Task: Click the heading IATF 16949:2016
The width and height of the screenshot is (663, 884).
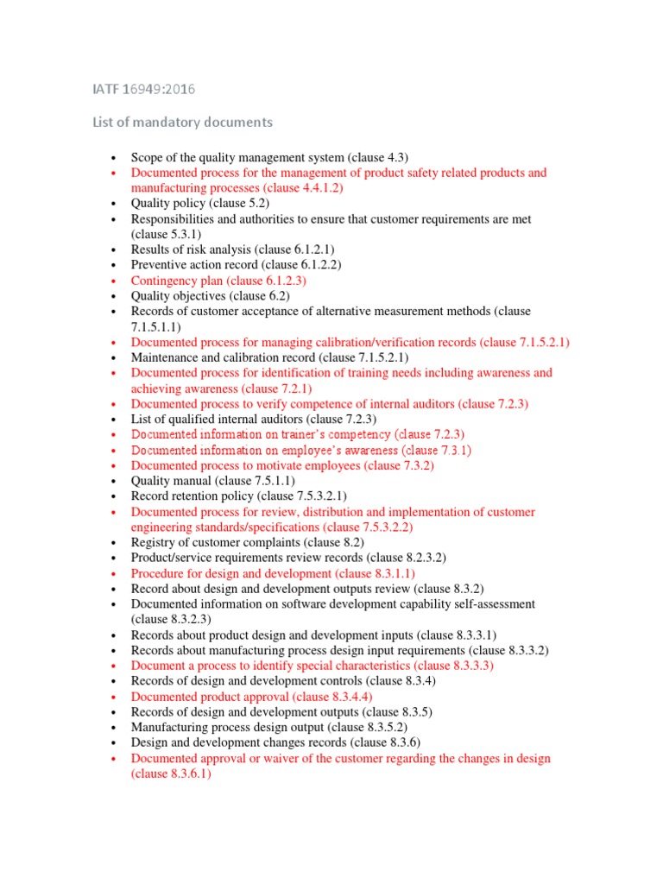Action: pyautogui.click(x=149, y=89)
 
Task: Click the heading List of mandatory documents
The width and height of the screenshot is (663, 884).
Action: pyautogui.click(x=182, y=123)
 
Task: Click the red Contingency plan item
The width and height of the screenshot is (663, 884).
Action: pyautogui.click(x=218, y=281)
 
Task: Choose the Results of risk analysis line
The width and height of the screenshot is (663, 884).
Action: pyautogui.click(x=232, y=249)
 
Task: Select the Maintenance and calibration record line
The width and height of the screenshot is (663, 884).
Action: pyautogui.click(x=269, y=357)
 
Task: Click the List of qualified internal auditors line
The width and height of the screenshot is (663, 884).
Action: pyautogui.click(x=254, y=419)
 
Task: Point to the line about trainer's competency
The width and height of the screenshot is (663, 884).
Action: pyautogui.click(x=298, y=434)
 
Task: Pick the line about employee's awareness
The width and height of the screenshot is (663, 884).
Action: pyautogui.click(x=300, y=450)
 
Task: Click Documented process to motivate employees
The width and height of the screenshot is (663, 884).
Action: pyautogui.click(x=282, y=465)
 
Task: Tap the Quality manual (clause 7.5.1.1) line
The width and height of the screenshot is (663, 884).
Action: pyautogui.click(x=212, y=481)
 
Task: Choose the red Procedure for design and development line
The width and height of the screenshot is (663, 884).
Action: pyautogui.click(x=273, y=573)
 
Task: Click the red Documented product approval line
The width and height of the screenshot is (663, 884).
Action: pyautogui.click(x=251, y=697)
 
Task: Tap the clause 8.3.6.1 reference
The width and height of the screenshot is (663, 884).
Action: pyautogui.click(x=171, y=773)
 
